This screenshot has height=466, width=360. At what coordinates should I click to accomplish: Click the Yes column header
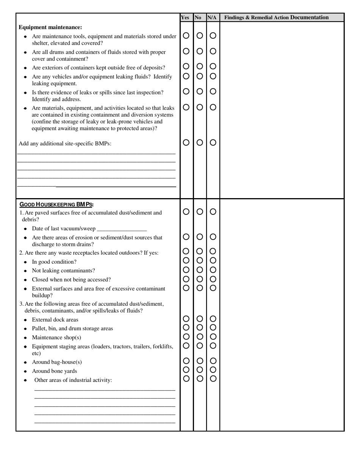pos(185,17)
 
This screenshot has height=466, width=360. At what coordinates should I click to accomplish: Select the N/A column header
pos(212,17)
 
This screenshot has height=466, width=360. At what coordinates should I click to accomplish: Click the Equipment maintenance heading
pos(50,27)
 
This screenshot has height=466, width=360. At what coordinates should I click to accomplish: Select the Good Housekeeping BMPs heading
pos(56,204)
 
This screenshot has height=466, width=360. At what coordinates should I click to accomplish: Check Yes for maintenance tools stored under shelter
pos(186,36)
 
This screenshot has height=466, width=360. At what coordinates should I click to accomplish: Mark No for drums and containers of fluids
pos(200,51)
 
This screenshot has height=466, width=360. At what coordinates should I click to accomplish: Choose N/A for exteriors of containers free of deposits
pos(213,66)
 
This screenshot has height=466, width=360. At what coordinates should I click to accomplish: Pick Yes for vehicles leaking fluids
pos(186,76)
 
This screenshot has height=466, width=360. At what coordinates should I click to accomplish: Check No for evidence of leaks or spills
pos(200,91)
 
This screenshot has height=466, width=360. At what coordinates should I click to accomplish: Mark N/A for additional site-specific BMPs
pos(213,142)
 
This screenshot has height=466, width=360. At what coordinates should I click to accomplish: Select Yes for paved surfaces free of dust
pos(186,212)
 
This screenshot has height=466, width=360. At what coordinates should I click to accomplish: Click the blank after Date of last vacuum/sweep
pos(122,229)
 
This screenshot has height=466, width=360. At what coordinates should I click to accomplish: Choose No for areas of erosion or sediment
pos(200,237)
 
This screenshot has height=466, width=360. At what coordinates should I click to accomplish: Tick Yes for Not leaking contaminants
pos(186,270)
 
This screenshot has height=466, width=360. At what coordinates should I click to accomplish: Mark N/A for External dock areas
pos(213,319)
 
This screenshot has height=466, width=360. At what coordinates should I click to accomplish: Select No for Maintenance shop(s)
pos(200,336)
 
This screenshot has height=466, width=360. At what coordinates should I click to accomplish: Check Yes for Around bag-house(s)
pos(186,361)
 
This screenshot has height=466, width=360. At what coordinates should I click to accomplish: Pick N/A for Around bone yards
pos(213,369)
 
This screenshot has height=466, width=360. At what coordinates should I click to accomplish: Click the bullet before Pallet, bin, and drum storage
pos(25,329)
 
